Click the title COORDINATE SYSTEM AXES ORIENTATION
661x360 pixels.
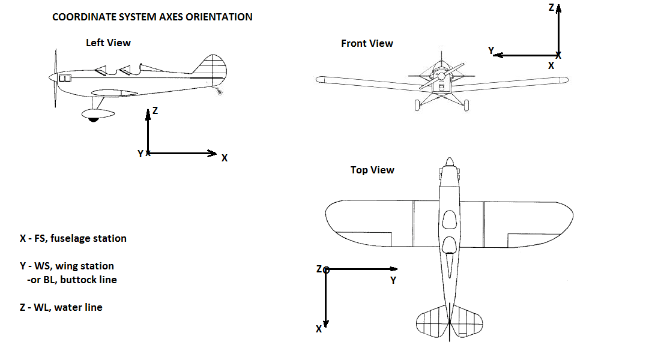pyautogui.click(x=152, y=17)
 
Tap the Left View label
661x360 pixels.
pyautogui.click(x=108, y=43)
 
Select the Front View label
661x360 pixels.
pyautogui.click(x=367, y=43)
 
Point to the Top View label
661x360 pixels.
pyautogui.click(x=372, y=170)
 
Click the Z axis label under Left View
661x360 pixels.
pyautogui.click(x=155, y=110)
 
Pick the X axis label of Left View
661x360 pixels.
pyautogui.click(x=225, y=158)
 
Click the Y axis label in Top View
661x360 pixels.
pyautogui.click(x=393, y=280)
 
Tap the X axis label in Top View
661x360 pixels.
pyautogui.click(x=318, y=329)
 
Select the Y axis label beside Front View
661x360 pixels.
pyautogui.click(x=491, y=51)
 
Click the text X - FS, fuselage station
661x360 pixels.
pyautogui.click(x=73, y=238)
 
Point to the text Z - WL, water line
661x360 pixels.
pyautogui.click(x=61, y=307)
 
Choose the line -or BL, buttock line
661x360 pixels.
pyautogui.click(x=72, y=280)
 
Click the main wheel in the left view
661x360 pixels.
pyautogui.click(x=93, y=119)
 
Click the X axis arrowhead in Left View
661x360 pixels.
pyautogui.click(x=211, y=154)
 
